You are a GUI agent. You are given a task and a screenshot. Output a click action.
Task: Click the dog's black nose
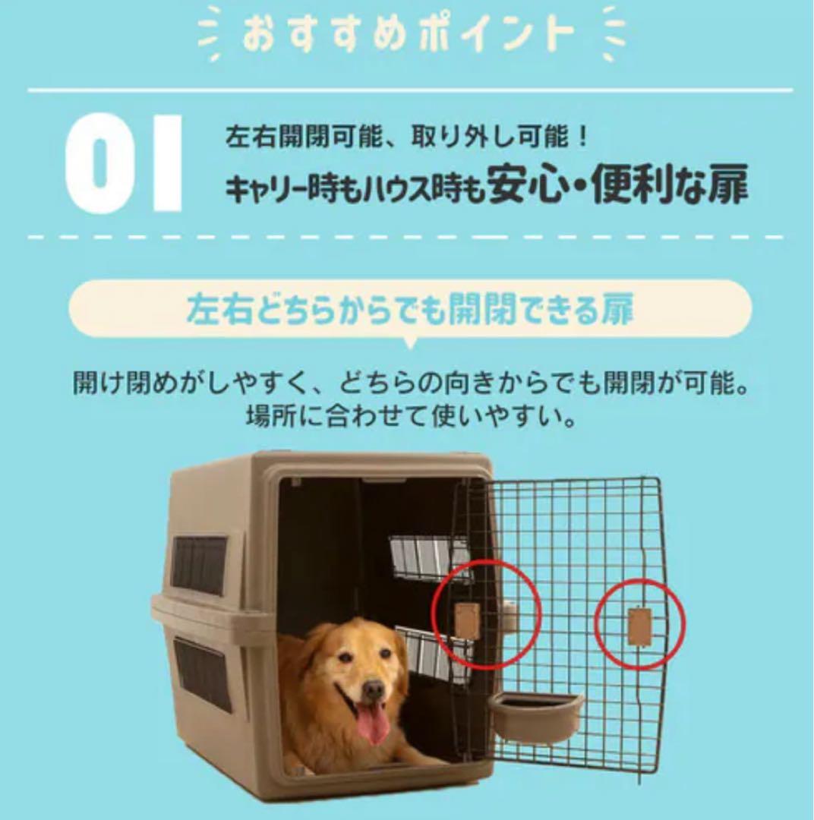tap(372, 690)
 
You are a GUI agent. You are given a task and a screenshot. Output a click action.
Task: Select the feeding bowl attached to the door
tap(535, 714)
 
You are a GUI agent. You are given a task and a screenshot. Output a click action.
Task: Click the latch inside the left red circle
tap(466, 620)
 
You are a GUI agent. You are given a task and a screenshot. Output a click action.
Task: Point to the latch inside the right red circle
tap(639, 626)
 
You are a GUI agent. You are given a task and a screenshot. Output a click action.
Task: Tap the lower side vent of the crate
tap(203, 673)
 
